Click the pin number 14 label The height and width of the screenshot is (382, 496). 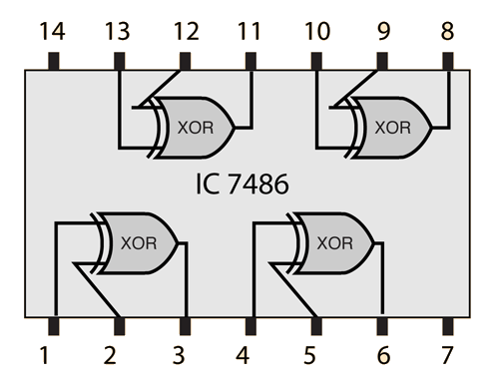point(52,31)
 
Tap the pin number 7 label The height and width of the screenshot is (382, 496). point(447,355)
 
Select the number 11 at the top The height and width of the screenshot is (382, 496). point(248,31)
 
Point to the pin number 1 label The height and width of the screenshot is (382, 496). point(44,355)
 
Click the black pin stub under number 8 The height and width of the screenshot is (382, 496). point(448,61)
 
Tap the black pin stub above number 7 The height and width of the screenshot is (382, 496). point(448,326)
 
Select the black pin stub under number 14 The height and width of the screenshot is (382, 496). point(54,61)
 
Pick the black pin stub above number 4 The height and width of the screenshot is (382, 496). point(250,326)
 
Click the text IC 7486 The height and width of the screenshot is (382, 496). point(242,184)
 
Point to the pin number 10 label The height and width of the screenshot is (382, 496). point(317,31)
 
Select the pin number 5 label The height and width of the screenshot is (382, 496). point(309,355)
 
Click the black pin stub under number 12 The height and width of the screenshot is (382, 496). point(185,61)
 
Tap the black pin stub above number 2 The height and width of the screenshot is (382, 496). point(119,326)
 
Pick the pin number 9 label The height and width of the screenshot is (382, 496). point(383,31)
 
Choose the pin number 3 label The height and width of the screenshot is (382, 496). point(179,355)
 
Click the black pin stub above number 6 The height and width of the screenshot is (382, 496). point(382,326)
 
